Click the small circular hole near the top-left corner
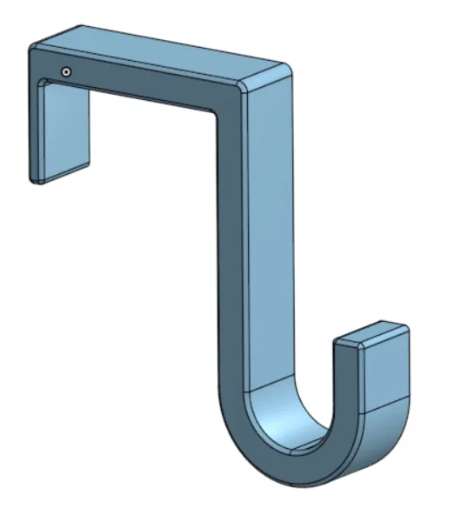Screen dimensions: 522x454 pos(66,71)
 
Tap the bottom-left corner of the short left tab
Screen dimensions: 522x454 pos(34,180)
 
